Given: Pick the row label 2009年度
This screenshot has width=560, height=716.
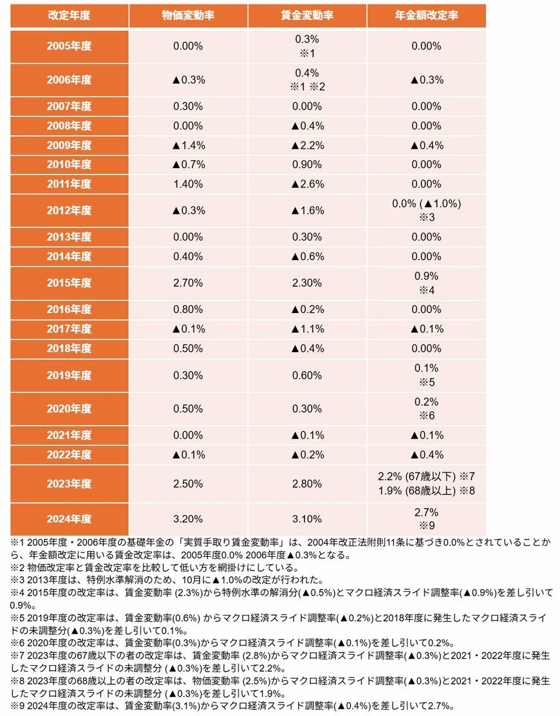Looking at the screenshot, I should pyautogui.click(x=69, y=146).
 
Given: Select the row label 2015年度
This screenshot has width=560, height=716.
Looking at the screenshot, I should pyautogui.click(x=69, y=283).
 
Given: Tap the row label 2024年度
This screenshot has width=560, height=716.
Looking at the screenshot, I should pyautogui.click(x=69, y=518).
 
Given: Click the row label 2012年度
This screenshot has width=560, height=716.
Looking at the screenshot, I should pyautogui.click(x=69, y=211).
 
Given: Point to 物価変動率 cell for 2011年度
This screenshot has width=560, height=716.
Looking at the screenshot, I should pyautogui.click(x=189, y=184).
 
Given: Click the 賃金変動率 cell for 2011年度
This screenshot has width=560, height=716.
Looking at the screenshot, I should pyautogui.click(x=307, y=184).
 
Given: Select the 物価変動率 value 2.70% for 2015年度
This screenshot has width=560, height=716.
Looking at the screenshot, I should pyautogui.click(x=189, y=283).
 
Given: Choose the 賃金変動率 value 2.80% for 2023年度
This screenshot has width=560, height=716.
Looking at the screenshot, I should pyautogui.click(x=307, y=483).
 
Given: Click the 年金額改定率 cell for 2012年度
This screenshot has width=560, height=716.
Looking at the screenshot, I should pyautogui.click(x=426, y=211).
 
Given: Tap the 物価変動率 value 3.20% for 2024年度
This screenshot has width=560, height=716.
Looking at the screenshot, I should pyautogui.click(x=189, y=518).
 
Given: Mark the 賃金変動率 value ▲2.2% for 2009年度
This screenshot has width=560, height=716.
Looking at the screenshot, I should pyautogui.click(x=307, y=146).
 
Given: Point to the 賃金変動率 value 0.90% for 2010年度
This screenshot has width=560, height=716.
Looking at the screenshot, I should pyautogui.click(x=307, y=165).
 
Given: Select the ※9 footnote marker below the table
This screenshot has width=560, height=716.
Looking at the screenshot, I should pyautogui.click(x=16, y=705).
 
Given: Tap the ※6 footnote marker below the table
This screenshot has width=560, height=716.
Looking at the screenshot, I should pyautogui.click(x=16, y=643).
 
